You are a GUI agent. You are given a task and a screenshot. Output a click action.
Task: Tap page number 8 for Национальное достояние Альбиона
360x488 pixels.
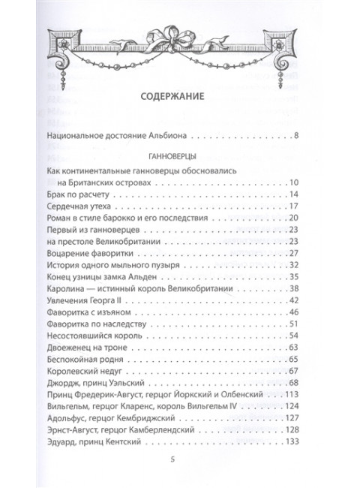tap(297, 136)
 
